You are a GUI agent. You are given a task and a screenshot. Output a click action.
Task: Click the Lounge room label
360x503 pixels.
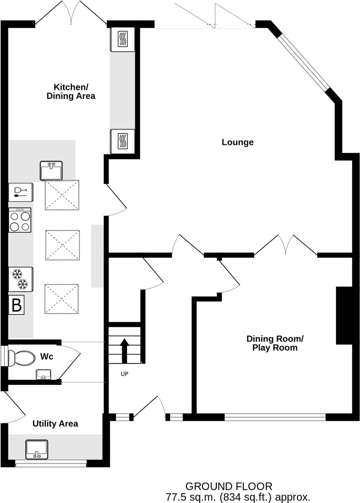coord(237,142)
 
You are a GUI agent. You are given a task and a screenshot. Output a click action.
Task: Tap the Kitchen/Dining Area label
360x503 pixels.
coord(74,91)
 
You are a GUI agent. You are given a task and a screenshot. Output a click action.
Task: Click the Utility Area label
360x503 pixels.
coord(55,423)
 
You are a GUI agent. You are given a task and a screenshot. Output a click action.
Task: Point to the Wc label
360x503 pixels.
coord(46,355)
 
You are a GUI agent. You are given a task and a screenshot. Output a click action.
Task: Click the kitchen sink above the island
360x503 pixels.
coord(51,171)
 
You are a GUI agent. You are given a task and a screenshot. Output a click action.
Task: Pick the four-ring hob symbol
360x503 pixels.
coord(20,220)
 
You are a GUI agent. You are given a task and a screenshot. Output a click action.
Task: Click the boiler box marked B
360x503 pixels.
coord(17,306)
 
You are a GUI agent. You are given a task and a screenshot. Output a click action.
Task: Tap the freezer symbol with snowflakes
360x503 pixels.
coord(21,278)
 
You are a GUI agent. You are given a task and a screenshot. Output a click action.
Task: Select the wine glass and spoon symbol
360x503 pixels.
coord(20,191)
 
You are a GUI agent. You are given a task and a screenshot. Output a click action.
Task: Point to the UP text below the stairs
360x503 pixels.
coord(124,374)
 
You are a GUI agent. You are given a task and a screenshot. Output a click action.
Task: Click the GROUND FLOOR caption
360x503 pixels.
coord(229,486)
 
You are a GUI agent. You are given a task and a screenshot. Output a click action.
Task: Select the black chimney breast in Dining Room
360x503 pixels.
coord(344,315)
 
